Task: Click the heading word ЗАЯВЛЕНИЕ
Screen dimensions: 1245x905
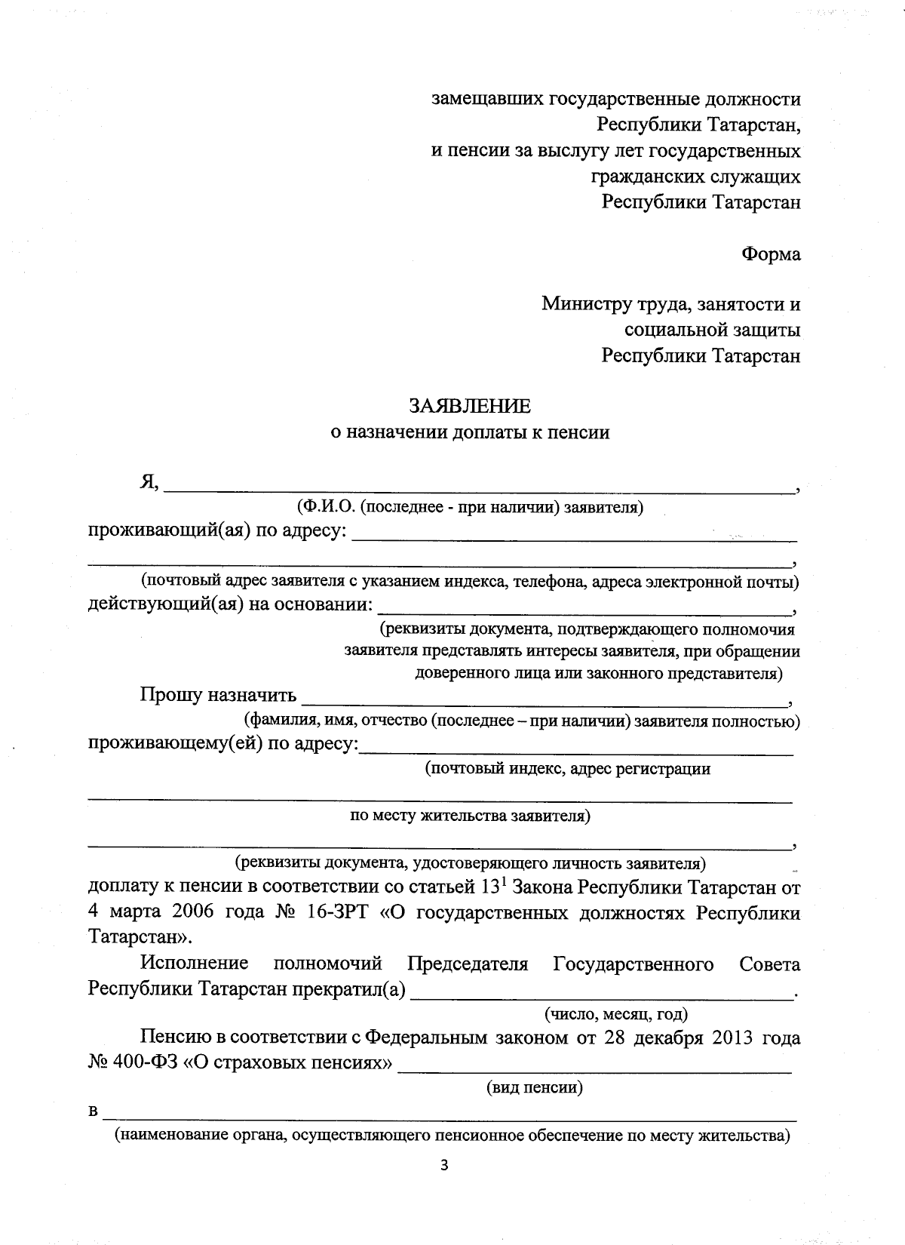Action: point(469,406)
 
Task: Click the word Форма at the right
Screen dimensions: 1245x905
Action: point(771,254)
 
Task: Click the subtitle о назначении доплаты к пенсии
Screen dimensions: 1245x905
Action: point(470,432)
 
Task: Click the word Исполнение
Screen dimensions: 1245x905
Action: point(195,964)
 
